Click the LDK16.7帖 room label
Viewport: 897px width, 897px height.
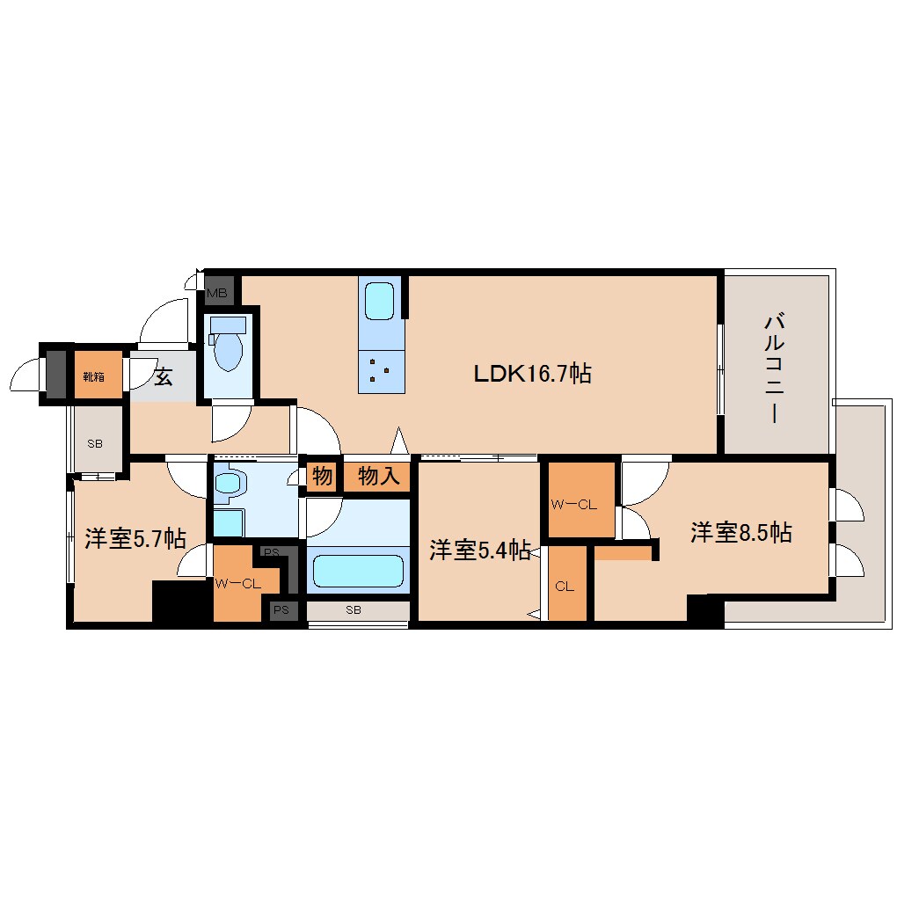533,374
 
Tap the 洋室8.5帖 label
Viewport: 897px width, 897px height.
741,533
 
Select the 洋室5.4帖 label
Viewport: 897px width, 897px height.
480,550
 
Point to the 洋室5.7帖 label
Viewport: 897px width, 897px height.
135,538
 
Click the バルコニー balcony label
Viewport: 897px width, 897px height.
774,368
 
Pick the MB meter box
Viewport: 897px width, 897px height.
217,293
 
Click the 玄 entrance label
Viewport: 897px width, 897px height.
163,376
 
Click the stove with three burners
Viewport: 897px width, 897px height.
382,371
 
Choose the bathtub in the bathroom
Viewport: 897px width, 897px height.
359,571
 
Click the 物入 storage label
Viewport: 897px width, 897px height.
379,476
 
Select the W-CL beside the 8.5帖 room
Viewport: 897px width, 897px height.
573,505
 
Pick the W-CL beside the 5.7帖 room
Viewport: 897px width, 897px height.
237,584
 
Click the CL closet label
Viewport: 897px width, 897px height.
565,587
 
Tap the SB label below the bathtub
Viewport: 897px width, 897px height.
354,609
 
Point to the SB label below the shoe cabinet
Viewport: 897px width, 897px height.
95,443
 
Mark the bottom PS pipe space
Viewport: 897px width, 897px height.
281,609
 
